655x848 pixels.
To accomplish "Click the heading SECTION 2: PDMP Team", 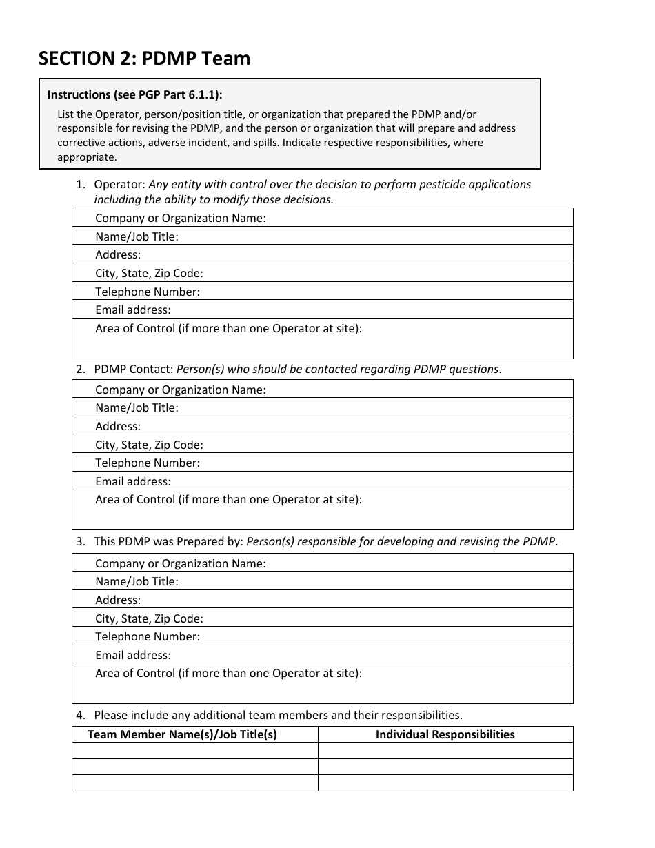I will pos(144,59).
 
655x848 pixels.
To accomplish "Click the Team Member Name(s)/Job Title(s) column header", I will pos(182,734).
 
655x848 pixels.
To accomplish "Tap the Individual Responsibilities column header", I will pos(445,734).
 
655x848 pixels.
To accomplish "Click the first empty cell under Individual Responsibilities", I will pos(445,751).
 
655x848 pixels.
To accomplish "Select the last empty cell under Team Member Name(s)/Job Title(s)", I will pos(194,783).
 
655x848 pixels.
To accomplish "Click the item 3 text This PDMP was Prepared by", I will pos(168,541).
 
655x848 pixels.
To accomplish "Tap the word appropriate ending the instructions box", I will pos(87,157).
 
